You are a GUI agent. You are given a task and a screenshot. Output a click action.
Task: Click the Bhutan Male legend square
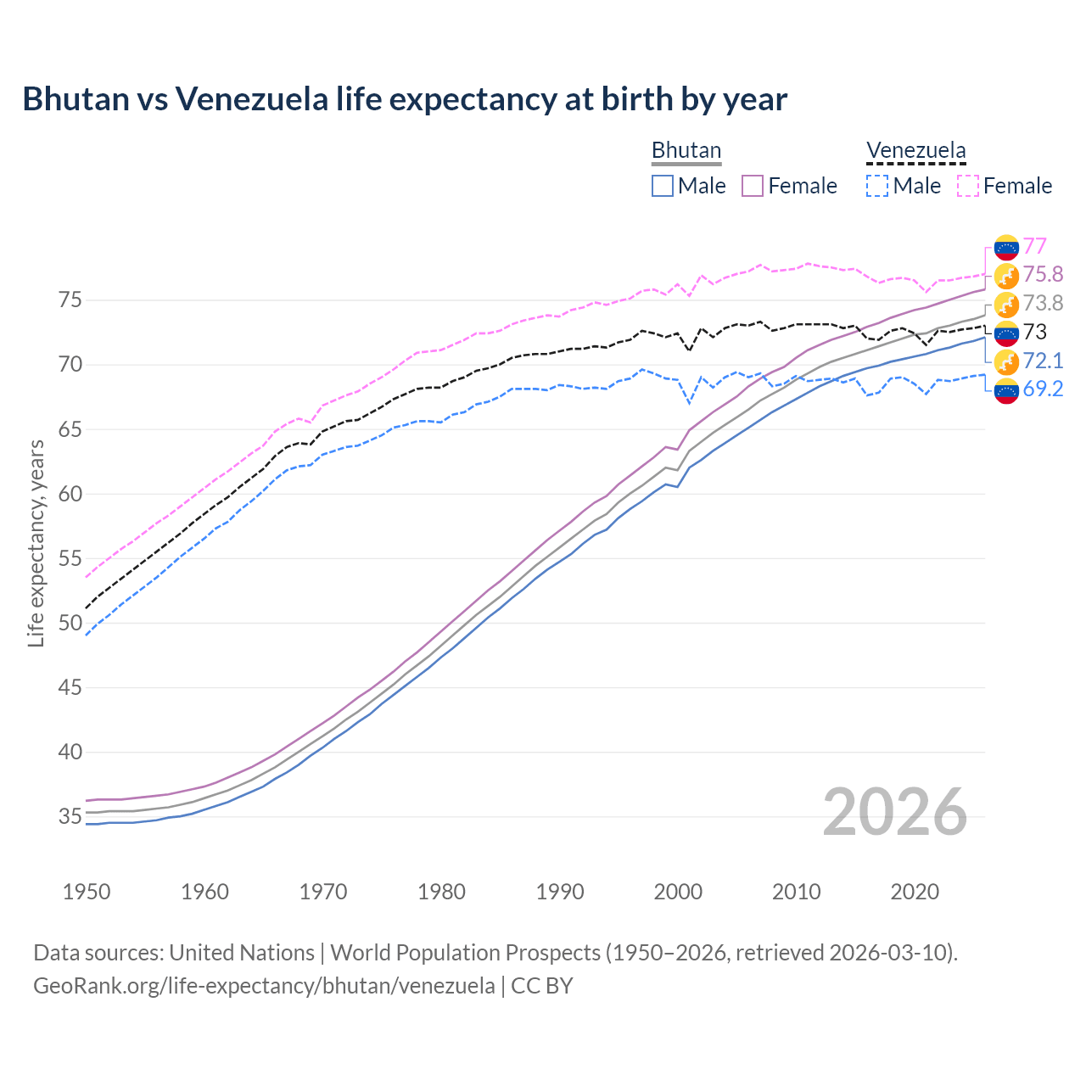pyautogui.click(x=663, y=186)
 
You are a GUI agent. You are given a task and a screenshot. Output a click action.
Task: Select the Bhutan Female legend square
pyautogui.click(x=753, y=186)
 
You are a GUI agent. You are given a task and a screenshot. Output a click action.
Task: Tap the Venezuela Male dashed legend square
pyautogui.click(x=877, y=186)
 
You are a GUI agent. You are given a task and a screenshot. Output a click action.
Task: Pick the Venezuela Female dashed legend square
pyautogui.click(x=968, y=186)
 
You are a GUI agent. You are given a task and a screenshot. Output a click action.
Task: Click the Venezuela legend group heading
pyautogui.click(x=915, y=151)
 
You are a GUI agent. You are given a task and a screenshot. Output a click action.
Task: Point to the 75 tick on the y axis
pyautogui.click(x=70, y=300)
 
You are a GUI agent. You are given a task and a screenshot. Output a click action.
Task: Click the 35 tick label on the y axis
pyautogui.click(x=70, y=817)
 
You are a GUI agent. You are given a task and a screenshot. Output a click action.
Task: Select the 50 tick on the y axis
pyautogui.click(x=70, y=623)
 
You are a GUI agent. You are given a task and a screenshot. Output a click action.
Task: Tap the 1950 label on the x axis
pyautogui.click(x=87, y=892)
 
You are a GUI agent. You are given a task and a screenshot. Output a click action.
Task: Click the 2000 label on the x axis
pyautogui.click(x=678, y=892)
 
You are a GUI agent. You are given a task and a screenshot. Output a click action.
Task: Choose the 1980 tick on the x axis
pyautogui.click(x=441, y=892)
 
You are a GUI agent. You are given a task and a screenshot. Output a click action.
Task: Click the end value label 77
pyautogui.click(x=1034, y=246)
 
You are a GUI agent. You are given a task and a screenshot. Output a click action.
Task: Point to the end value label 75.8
pyautogui.click(x=1043, y=275)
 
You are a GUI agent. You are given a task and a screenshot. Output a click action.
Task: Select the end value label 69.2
pyautogui.click(x=1043, y=390)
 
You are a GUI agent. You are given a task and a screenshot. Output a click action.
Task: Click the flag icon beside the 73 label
pyautogui.click(x=1006, y=333)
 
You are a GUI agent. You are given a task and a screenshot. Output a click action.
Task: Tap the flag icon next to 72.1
pyautogui.click(x=1006, y=361)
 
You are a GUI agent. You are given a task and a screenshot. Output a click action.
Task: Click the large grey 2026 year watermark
pyautogui.click(x=895, y=813)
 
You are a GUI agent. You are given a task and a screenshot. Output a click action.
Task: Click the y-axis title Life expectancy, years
pyautogui.click(x=36, y=543)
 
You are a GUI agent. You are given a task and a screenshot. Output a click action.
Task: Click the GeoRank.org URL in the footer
pyautogui.click(x=264, y=986)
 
